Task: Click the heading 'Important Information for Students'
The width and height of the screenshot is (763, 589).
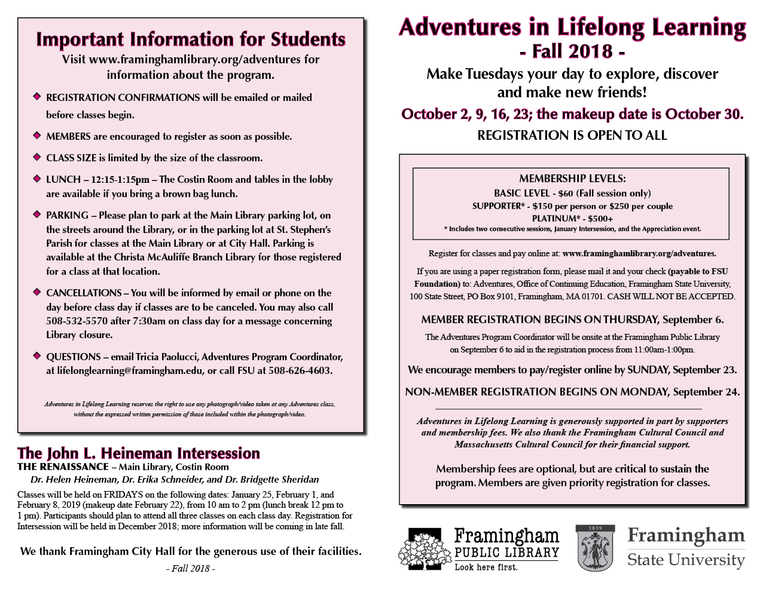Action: point(191,39)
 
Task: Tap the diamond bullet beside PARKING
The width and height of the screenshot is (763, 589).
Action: point(37,214)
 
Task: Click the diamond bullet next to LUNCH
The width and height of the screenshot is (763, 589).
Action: point(37,178)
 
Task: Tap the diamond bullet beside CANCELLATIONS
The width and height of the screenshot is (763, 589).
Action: point(37,292)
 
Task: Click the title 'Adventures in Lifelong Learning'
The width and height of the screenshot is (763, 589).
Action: point(572,27)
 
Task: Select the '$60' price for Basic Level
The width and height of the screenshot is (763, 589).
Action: point(565,194)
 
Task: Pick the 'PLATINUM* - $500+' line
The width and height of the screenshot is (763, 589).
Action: point(572,219)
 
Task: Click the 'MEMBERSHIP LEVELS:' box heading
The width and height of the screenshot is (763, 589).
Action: point(572,179)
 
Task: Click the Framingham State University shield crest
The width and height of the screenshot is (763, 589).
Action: point(594,548)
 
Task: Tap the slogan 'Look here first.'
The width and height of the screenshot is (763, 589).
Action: point(486,567)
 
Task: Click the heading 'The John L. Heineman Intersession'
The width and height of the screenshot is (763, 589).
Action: point(139,453)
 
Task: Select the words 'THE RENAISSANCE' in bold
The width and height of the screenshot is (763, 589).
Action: point(63,467)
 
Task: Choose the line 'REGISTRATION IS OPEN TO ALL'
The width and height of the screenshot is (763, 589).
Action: point(572,136)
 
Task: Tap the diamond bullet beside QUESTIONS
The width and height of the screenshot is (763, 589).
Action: point(37,355)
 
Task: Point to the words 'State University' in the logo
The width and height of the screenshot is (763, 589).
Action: point(686,560)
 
